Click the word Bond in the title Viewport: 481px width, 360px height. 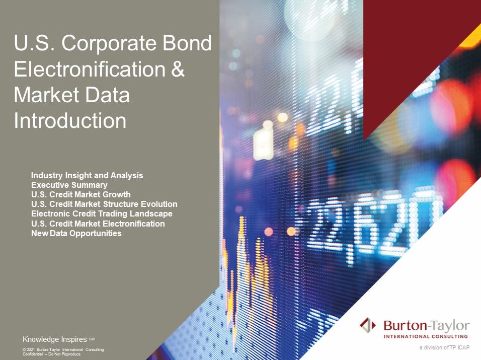tap(187, 43)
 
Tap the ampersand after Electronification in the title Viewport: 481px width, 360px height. tap(178, 69)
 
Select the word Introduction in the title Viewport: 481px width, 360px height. tap(70, 121)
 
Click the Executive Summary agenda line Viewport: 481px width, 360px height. tap(69, 185)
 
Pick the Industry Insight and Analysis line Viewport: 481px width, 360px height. tap(87, 175)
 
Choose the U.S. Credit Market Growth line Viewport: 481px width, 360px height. tap(81, 194)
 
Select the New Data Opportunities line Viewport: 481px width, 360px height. tap(76, 233)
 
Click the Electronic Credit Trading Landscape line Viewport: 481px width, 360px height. tap(102, 213)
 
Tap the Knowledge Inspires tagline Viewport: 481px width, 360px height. tap(55, 339)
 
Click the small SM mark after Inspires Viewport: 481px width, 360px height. tap(92, 339)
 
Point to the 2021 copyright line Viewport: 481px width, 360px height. tap(63, 349)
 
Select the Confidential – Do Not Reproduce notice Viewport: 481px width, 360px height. tap(51, 354)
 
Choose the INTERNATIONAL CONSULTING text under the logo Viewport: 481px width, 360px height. tap(426, 336)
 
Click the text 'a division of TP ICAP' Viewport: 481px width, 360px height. tap(444, 348)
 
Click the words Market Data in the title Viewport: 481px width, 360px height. tap(72, 95)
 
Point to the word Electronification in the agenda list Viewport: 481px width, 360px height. tap(133, 224)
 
